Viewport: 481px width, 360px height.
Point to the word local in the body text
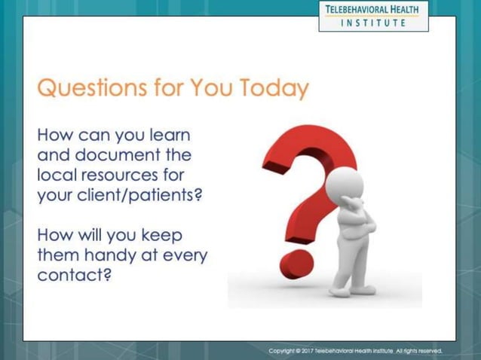pyautogui.click(x=57, y=176)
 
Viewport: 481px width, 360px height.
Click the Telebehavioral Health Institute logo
pyautogui.click(x=373, y=15)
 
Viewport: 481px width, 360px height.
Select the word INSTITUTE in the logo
pyautogui.click(x=373, y=23)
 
